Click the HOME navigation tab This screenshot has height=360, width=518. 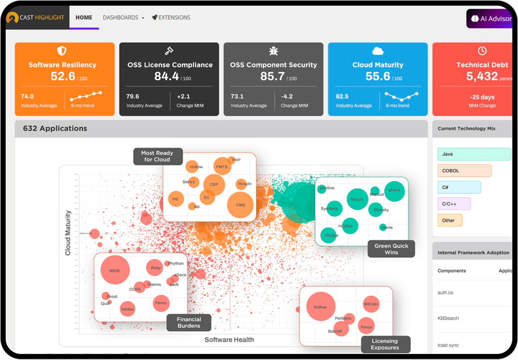coord(84,18)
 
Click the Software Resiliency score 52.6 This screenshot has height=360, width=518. coord(63,76)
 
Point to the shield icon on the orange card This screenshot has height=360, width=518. coord(62,51)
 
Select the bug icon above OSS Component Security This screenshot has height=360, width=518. coord(273,51)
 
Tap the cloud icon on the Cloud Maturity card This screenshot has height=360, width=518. coord(378,51)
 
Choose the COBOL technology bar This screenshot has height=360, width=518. coord(464,171)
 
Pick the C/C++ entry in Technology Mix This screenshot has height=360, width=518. coord(454,204)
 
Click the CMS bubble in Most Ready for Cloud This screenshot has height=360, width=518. coord(240,205)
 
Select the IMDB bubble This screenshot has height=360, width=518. coord(115,270)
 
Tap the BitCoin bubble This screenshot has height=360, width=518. coord(371,304)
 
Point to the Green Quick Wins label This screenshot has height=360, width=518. coord(391,249)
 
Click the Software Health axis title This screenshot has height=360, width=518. coord(229,339)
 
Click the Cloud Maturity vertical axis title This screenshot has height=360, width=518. coord(68,233)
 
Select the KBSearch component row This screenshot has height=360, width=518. coord(448,318)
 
